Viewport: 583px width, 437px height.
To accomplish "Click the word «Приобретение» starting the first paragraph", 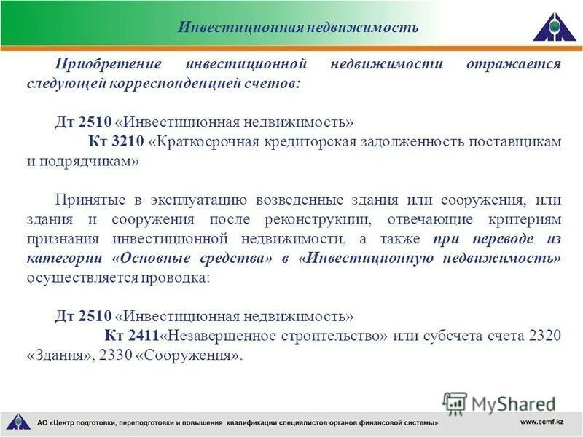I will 98,64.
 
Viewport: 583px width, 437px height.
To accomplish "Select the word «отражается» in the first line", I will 514,64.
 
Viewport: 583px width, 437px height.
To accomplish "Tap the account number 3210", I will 130,141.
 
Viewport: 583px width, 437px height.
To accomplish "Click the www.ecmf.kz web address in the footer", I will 541,422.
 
